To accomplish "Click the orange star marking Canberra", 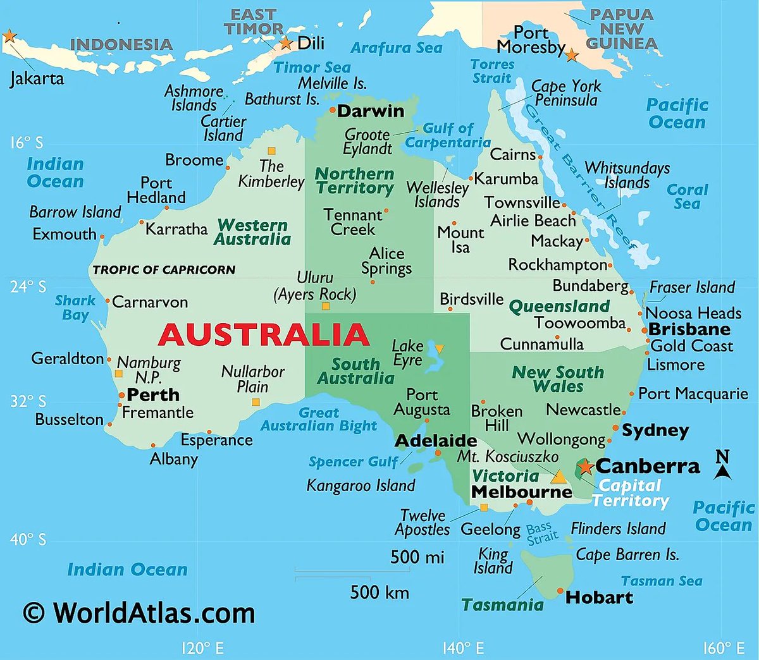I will (x=586, y=467).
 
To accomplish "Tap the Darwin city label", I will (x=370, y=111).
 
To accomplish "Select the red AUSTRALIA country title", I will (x=263, y=334).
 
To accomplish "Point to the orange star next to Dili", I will (x=286, y=43).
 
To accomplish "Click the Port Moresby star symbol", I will (x=571, y=55).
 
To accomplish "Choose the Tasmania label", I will (x=502, y=605).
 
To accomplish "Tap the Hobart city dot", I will (x=560, y=591).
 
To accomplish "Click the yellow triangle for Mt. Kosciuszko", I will (x=558, y=476).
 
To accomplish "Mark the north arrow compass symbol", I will (x=722, y=465).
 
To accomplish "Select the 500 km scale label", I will (x=379, y=592).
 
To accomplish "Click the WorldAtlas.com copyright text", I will (x=139, y=613).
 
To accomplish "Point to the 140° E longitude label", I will (x=463, y=648).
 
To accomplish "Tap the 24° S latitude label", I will (x=28, y=287).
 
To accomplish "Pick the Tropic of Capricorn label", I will (x=164, y=270).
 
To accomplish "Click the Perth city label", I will (x=153, y=394).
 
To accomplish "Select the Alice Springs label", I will (x=386, y=260).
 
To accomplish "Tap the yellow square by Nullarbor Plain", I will (x=256, y=402).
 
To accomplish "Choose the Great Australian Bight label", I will (x=319, y=419).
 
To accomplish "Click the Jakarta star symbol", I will (x=9, y=36).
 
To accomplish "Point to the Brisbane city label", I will (x=689, y=329).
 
